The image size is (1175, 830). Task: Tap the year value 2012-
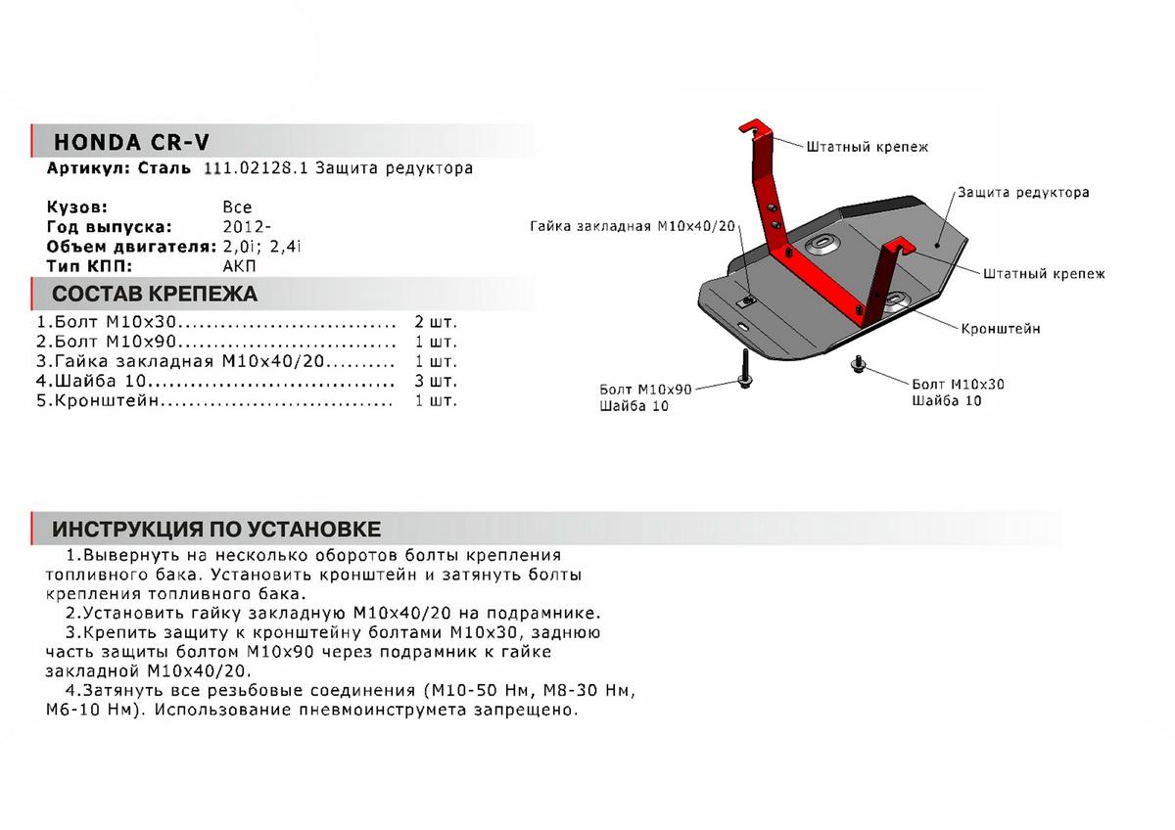pos(243,226)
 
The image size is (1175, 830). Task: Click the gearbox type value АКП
pos(238,265)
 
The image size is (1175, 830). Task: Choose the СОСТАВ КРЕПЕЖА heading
pos(154,294)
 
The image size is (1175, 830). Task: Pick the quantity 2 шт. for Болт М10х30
pos(436,322)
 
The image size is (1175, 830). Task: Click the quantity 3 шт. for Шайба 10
pos(436,381)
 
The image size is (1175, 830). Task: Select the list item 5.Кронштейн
pos(98,400)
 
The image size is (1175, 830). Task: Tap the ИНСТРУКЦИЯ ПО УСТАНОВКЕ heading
pos(215,530)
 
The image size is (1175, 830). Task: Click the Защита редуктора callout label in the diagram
pos(1023,193)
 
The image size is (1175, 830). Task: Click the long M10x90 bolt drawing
pos(745,371)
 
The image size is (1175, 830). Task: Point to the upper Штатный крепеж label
pos(867,147)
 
